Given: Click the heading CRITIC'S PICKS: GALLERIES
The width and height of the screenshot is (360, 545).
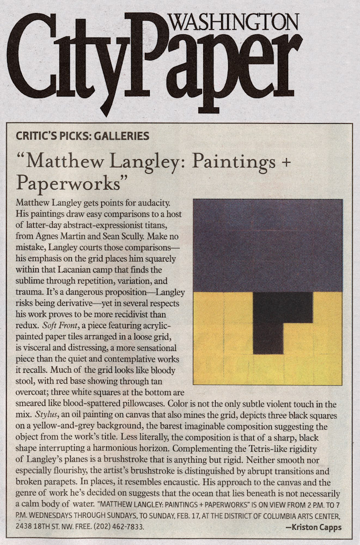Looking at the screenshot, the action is tap(83, 135).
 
